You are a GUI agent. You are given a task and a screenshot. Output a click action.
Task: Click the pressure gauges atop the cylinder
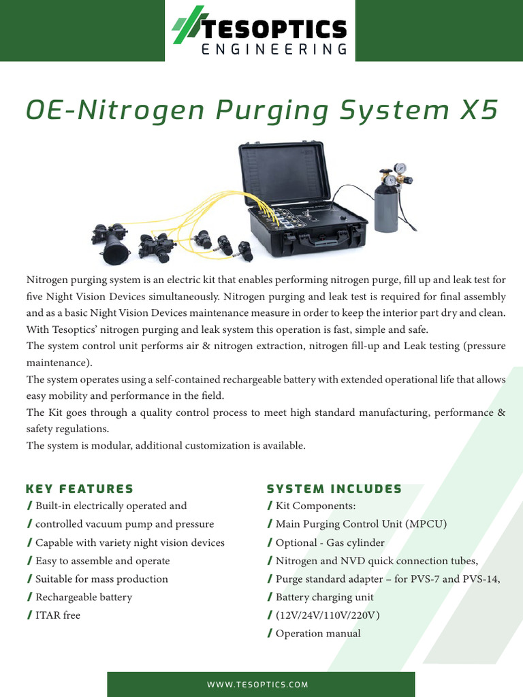394,174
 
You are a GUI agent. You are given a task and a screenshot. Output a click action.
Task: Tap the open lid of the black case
285,174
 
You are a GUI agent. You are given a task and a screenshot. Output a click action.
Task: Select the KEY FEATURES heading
79,489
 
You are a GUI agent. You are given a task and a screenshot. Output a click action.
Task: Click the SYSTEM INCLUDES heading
334,489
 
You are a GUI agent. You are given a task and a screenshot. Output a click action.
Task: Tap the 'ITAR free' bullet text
58,615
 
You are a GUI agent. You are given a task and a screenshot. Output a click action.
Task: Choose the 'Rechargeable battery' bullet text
84,597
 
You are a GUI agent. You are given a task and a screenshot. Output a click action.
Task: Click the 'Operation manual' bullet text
318,634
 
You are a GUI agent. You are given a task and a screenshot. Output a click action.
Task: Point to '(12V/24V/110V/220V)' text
328,615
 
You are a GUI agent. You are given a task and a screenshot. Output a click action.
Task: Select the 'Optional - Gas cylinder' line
330,542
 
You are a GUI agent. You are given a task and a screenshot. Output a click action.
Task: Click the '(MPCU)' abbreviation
424,524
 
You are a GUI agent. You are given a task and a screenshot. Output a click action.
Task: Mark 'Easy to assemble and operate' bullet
103,561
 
